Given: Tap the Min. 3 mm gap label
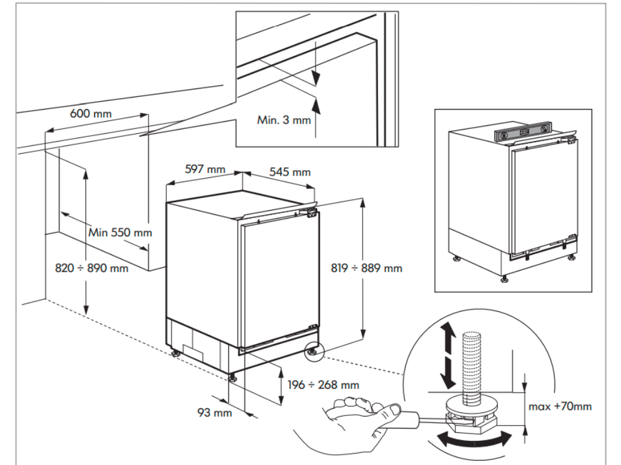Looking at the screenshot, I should [x=284, y=120].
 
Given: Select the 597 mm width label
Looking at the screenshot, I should [x=204, y=170].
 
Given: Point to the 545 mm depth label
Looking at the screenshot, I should [x=290, y=172].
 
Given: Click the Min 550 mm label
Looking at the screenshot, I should [x=120, y=232].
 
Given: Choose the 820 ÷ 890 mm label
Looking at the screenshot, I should [x=91, y=268].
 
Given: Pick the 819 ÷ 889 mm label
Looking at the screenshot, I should [x=367, y=268].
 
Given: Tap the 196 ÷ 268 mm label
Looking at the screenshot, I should [x=324, y=384].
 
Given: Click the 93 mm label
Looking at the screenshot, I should [x=215, y=413].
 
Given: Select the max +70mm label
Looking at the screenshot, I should [x=560, y=406].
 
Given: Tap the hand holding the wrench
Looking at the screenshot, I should [x=358, y=418].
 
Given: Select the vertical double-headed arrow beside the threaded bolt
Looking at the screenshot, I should [x=448, y=354].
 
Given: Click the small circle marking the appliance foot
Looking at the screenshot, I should [x=315, y=351].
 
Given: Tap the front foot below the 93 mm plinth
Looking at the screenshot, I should [x=233, y=378].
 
